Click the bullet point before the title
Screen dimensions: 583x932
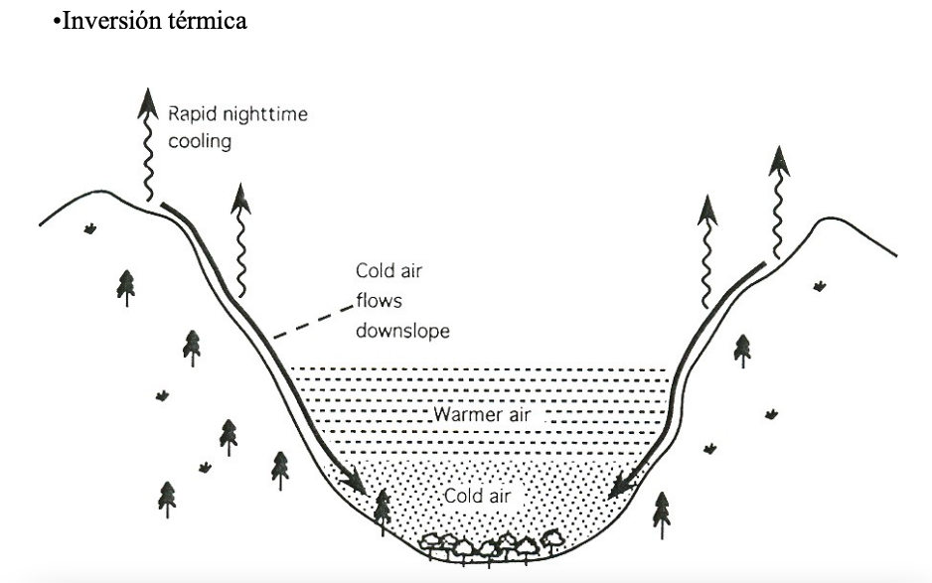coord(56,22)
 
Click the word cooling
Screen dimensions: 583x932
coord(199,142)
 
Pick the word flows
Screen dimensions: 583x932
coord(379,301)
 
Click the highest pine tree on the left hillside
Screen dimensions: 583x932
coord(125,285)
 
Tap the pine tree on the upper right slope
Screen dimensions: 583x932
coord(742,351)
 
